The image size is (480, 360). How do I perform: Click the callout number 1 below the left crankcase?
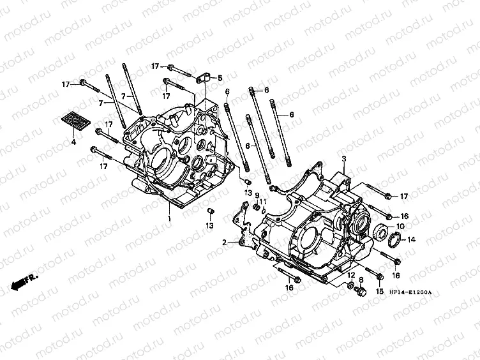click(x=170, y=219)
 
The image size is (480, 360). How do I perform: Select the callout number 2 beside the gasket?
click(x=224, y=243)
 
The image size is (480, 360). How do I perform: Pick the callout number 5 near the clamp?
click(x=220, y=78)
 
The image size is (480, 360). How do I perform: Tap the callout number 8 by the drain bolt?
click(x=361, y=280)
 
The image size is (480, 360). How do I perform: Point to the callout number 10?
click(x=400, y=227)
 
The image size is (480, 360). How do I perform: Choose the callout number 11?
click(x=263, y=202)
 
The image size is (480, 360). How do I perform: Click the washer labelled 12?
click(x=350, y=285)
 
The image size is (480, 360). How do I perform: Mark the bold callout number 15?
click(x=380, y=292)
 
